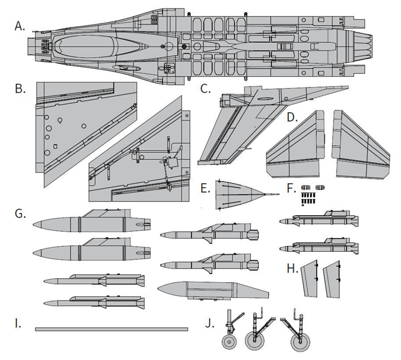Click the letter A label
21,26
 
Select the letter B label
21,89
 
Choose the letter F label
292,188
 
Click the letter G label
21,213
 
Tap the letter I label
18,324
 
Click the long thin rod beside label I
111,329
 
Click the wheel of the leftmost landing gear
230,342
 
